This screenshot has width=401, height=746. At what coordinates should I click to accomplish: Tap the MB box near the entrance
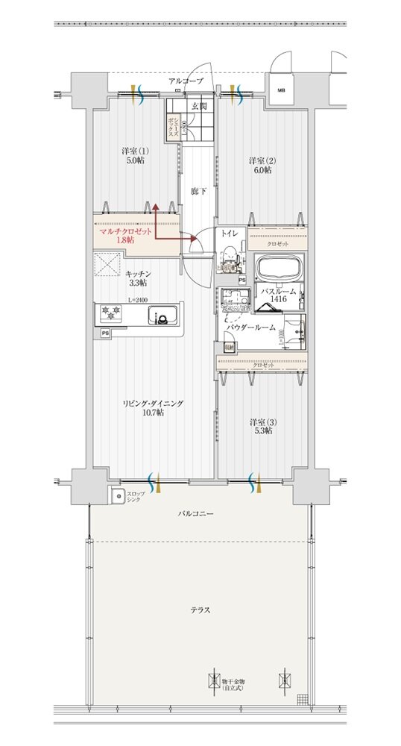click(281, 90)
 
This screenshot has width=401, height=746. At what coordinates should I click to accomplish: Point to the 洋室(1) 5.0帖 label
click(135, 155)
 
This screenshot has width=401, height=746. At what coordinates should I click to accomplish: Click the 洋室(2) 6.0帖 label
click(261, 165)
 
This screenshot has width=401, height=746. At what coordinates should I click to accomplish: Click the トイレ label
click(229, 233)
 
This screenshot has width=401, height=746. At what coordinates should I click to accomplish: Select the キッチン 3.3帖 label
click(137, 278)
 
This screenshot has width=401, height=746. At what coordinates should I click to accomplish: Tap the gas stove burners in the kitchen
click(112, 313)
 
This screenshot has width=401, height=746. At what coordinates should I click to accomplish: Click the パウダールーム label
click(251, 327)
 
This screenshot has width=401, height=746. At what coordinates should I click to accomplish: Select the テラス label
click(199, 610)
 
